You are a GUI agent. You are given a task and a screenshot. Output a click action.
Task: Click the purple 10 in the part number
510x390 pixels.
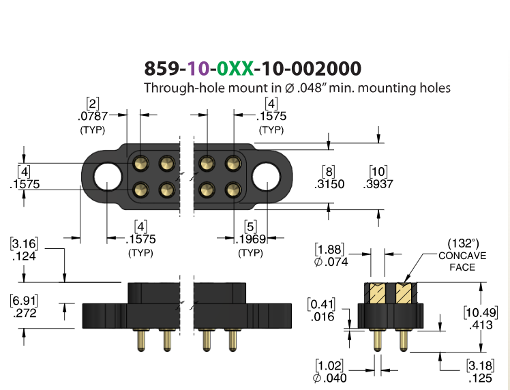[198, 68]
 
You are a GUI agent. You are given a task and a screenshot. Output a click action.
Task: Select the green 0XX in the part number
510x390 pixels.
[235, 68]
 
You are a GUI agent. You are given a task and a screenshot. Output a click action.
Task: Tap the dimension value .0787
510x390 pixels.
[93, 116]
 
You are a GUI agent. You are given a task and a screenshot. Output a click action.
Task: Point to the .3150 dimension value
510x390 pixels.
[329, 184]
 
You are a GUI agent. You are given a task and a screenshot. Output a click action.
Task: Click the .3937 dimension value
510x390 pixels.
[378, 184]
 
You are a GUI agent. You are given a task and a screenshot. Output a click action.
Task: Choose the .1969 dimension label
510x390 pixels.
[250, 239]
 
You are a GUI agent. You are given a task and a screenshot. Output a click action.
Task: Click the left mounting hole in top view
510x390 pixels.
[108, 177]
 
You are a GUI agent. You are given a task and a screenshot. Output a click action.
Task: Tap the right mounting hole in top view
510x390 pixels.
[266, 177]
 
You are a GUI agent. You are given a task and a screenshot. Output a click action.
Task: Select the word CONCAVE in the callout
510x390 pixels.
[462, 256]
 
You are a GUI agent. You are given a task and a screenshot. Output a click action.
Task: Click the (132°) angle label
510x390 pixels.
[463, 243]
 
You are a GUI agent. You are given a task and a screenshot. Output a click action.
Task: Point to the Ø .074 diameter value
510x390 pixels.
[331, 262]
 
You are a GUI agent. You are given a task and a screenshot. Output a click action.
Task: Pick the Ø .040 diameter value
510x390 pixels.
[330, 378]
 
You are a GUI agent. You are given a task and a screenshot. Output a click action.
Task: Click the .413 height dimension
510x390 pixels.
[481, 325]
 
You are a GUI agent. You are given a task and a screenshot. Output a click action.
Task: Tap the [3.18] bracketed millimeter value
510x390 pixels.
[481, 365]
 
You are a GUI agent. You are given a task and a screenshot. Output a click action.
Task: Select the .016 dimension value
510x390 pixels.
[322, 316]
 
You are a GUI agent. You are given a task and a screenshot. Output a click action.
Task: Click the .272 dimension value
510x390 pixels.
[25, 313]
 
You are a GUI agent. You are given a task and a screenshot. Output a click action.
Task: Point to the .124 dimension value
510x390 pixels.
[24, 256]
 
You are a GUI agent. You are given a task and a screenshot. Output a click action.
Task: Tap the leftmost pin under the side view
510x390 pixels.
[141, 340]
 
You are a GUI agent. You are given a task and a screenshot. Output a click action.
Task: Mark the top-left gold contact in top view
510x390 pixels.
[141, 163]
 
